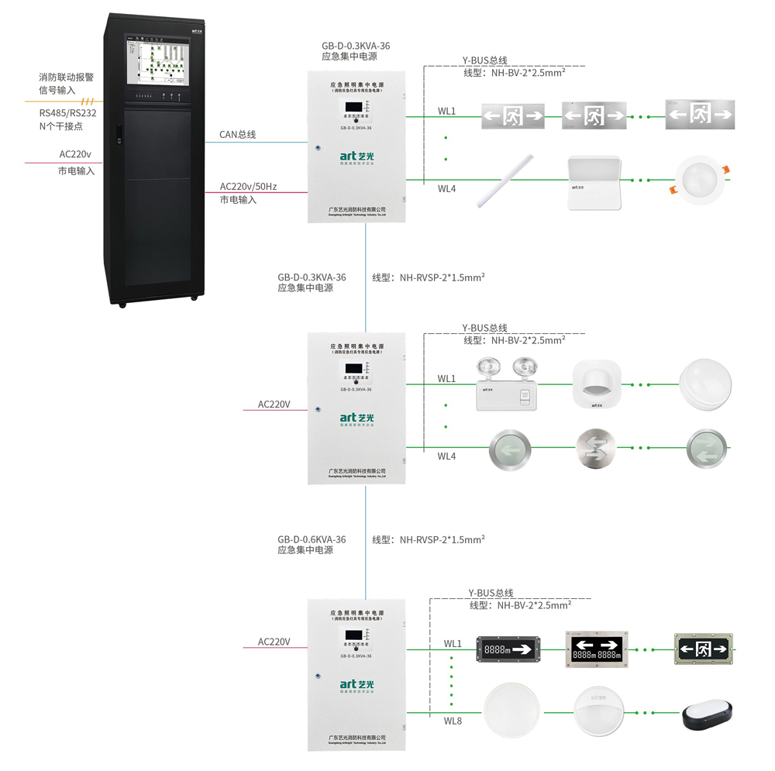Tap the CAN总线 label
(x=237, y=135)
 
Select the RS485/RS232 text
(x=68, y=112)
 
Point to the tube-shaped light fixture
(x=507, y=179)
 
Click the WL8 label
(x=453, y=721)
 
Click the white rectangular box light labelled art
(x=594, y=183)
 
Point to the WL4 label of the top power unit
(x=446, y=189)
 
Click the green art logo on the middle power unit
(x=356, y=418)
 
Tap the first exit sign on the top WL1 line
(x=512, y=116)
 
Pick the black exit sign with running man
(x=703, y=647)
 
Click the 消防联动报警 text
(x=67, y=77)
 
